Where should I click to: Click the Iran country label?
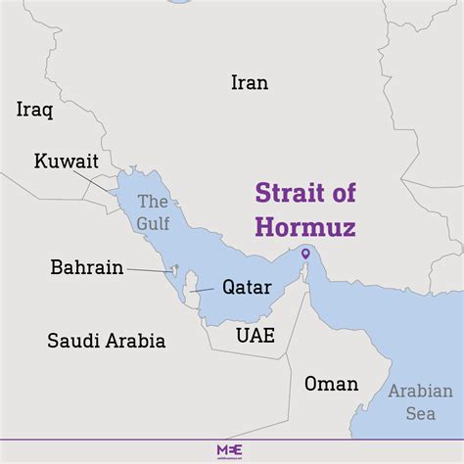click(249, 83)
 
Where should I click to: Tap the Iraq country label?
click(34, 110)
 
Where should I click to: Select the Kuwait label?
click(67, 162)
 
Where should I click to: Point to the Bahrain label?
click(87, 267)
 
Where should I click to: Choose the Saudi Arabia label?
click(107, 342)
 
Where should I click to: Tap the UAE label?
click(255, 335)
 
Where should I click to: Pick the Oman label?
click(331, 383)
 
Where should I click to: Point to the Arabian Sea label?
click(420, 401)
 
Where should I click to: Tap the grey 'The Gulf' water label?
click(154, 212)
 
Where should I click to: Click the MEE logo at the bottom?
click(232, 449)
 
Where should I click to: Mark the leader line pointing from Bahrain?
click(148, 270)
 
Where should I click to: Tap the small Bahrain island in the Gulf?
click(174, 269)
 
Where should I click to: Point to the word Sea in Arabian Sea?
click(421, 413)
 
